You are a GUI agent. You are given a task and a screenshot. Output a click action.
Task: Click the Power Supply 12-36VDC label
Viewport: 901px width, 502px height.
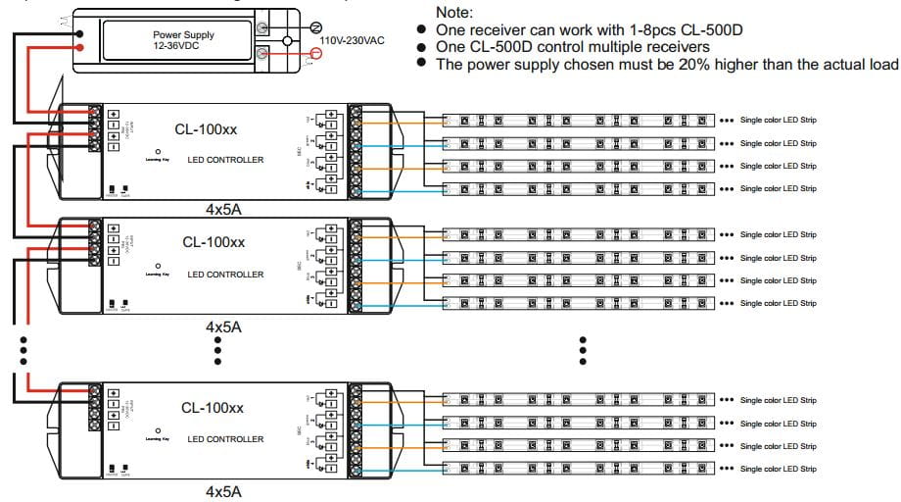[x=183, y=40]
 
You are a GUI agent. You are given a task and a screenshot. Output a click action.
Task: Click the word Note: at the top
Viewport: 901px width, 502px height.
[x=453, y=13]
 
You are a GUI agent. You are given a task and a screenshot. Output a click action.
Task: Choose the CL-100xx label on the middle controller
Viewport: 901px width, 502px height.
[x=213, y=241]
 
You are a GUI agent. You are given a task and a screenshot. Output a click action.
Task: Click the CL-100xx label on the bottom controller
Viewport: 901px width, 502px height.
[x=213, y=407]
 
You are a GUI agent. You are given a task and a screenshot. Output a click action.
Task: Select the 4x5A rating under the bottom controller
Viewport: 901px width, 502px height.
[x=223, y=489]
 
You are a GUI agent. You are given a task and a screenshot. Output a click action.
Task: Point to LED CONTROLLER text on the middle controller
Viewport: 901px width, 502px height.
[x=225, y=275]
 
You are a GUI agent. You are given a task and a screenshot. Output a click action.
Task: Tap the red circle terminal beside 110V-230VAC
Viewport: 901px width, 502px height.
[x=315, y=56]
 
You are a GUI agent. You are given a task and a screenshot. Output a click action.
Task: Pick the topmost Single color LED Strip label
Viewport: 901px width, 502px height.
[x=778, y=121]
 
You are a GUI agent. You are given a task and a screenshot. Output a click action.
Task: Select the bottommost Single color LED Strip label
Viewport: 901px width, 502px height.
[x=778, y=469]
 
